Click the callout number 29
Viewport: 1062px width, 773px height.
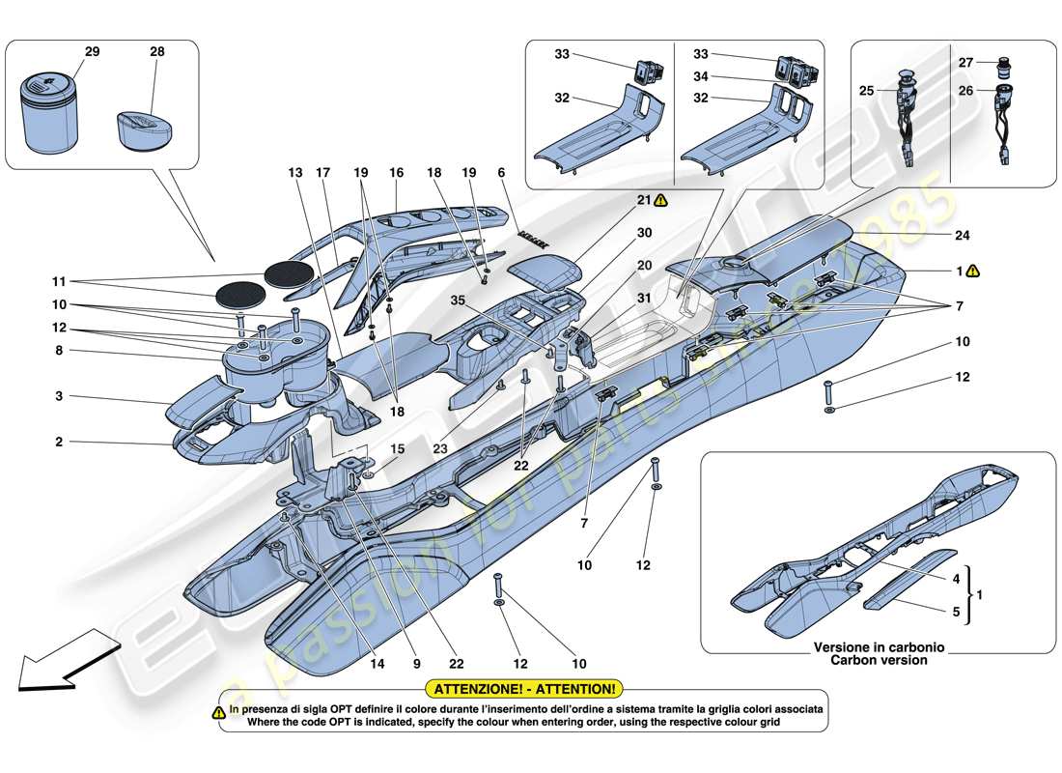[x=92, y=51]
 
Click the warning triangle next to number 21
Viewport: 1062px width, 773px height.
[x=660, y=201]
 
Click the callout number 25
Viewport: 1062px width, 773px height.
[x=866, y=91]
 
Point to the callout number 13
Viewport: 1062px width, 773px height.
[x=294, y=173]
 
